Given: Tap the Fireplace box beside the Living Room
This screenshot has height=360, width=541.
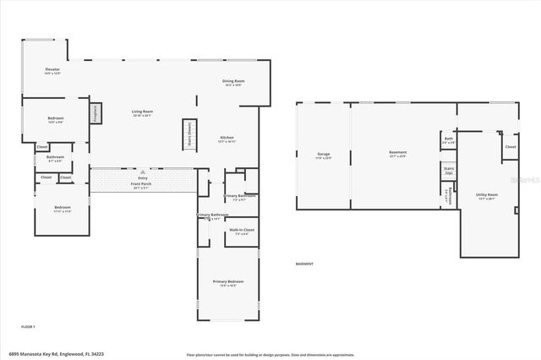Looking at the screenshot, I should point(96,112).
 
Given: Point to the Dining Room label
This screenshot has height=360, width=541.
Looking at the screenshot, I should point(233,82).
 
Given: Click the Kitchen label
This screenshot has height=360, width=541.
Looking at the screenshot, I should point(227,139).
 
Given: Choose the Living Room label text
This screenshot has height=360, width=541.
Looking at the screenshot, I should point(141,112).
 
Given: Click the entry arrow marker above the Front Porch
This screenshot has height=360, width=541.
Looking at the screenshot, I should point(141,168).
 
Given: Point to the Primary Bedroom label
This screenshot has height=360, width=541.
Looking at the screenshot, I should point(228,282).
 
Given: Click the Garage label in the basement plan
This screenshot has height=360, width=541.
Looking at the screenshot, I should point(323,155).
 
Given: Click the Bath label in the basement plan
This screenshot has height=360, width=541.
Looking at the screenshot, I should point(449,139).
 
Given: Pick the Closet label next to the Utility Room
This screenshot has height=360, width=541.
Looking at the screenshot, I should point(510,146).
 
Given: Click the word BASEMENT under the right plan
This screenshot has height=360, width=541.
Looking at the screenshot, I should point(304,265).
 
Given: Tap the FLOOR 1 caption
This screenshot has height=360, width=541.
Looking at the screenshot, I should point(28,325).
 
